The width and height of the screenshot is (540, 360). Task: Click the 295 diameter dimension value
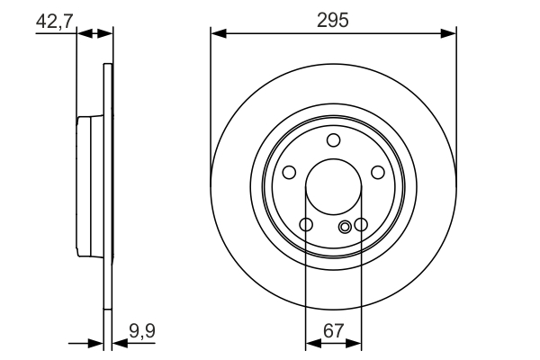click(x=333, y=19)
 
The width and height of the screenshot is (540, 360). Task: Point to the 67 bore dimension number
click(x=333, y=331)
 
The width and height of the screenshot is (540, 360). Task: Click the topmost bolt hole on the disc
click(x=334, y=139)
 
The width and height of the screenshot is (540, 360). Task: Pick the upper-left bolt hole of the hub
click(x=289, y=173)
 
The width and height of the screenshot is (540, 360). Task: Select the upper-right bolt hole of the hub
click(x=378, y=173)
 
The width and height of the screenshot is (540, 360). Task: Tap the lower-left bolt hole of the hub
click(x=306, y=225)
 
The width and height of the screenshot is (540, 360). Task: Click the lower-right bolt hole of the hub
click(x=361, y=225)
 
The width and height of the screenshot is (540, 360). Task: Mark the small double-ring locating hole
click(x=346, y=227)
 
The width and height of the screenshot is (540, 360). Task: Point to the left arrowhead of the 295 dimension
click(x=217, y=34)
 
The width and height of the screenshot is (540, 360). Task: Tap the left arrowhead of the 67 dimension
click(x=311, y=343)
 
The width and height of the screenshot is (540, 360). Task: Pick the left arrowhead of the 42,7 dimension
click(x=84, y=34)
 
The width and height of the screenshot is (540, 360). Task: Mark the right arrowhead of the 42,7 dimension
click(x=107, y=34)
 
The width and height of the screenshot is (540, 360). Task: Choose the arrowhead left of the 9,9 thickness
click(x=98, y=343)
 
